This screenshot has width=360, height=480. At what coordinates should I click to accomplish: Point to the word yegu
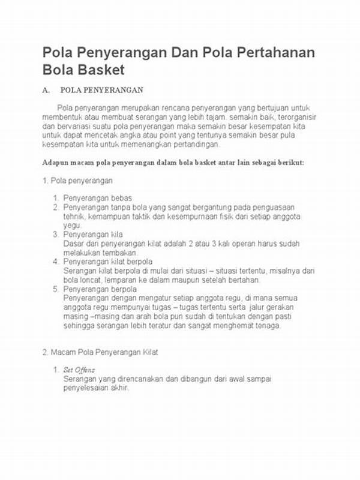[x=72, y=224]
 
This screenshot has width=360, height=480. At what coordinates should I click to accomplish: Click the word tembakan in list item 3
[x=106, y=253]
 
